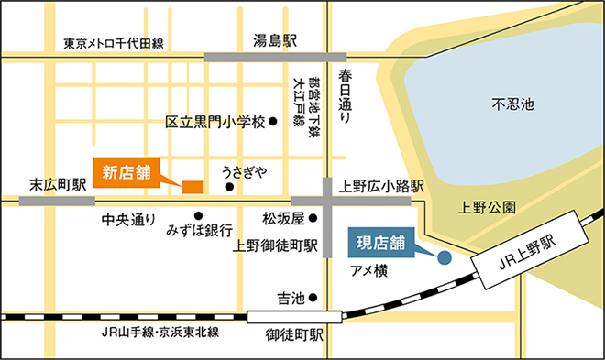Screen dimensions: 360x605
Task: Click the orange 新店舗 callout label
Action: click(x=126, y=171)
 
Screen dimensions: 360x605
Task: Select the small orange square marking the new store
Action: click(x=192, y=187)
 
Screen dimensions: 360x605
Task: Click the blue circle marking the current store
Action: click(x=444, y=257)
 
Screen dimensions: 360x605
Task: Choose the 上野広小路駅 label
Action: click(x=382, y=185)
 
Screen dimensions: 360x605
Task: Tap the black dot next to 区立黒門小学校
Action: click(x=272, y=121)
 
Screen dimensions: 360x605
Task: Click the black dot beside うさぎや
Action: click(x=229, y=187)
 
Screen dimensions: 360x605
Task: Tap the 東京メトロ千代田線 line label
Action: click(x=114, y=43)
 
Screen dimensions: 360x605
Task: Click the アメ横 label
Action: click(x=369, y=270)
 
